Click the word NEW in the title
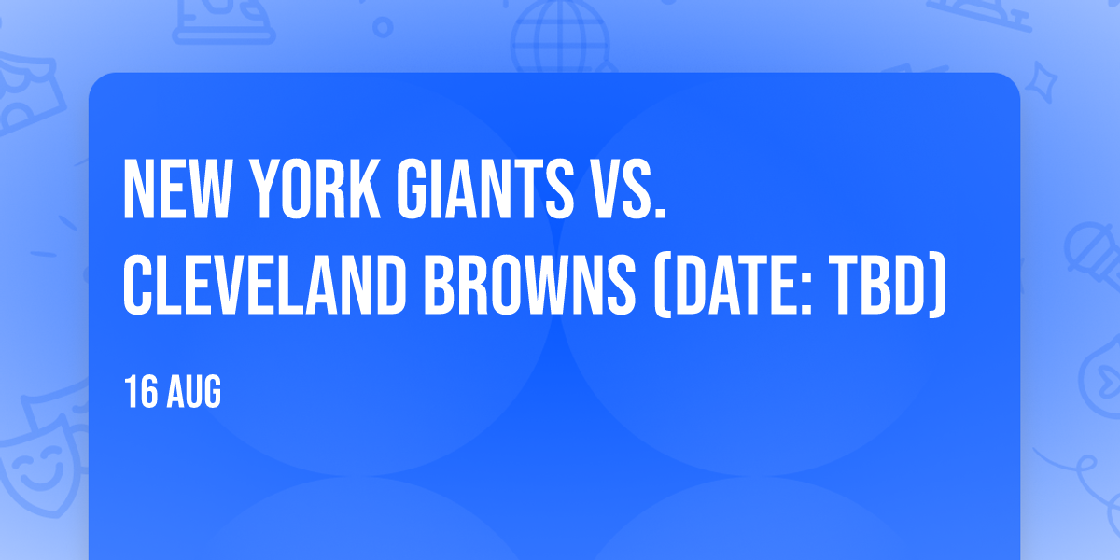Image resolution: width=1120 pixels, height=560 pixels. [x=176, y=189]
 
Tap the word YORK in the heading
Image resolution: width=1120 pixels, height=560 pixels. [x=315, y=189]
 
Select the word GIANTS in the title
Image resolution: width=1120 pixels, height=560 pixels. [x=485, y=189]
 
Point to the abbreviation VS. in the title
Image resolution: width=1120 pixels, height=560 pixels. [x=629, y=189]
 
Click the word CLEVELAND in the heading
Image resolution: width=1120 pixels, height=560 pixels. [x=264, y=285]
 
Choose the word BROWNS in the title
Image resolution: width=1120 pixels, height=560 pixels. [x=530, y=285]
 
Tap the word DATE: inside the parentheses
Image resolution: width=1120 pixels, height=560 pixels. [x=733, y=285]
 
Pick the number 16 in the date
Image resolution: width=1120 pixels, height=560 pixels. [x=141, y=391]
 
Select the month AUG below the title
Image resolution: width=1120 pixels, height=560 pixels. [x=194, y=391]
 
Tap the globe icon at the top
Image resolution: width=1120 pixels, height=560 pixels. [x=560, y=37]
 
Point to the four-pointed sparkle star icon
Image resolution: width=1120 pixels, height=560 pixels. [x=1041, y=82]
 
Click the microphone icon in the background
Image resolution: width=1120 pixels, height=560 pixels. [x=1093, y=254]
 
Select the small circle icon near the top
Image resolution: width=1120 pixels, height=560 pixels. [x=383, y=27]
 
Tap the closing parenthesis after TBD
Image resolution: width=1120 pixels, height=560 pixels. [x=939, y=285]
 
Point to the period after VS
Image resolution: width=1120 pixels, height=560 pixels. [x=661, y=213]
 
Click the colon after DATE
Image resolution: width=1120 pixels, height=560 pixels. [x=805, y=293]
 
